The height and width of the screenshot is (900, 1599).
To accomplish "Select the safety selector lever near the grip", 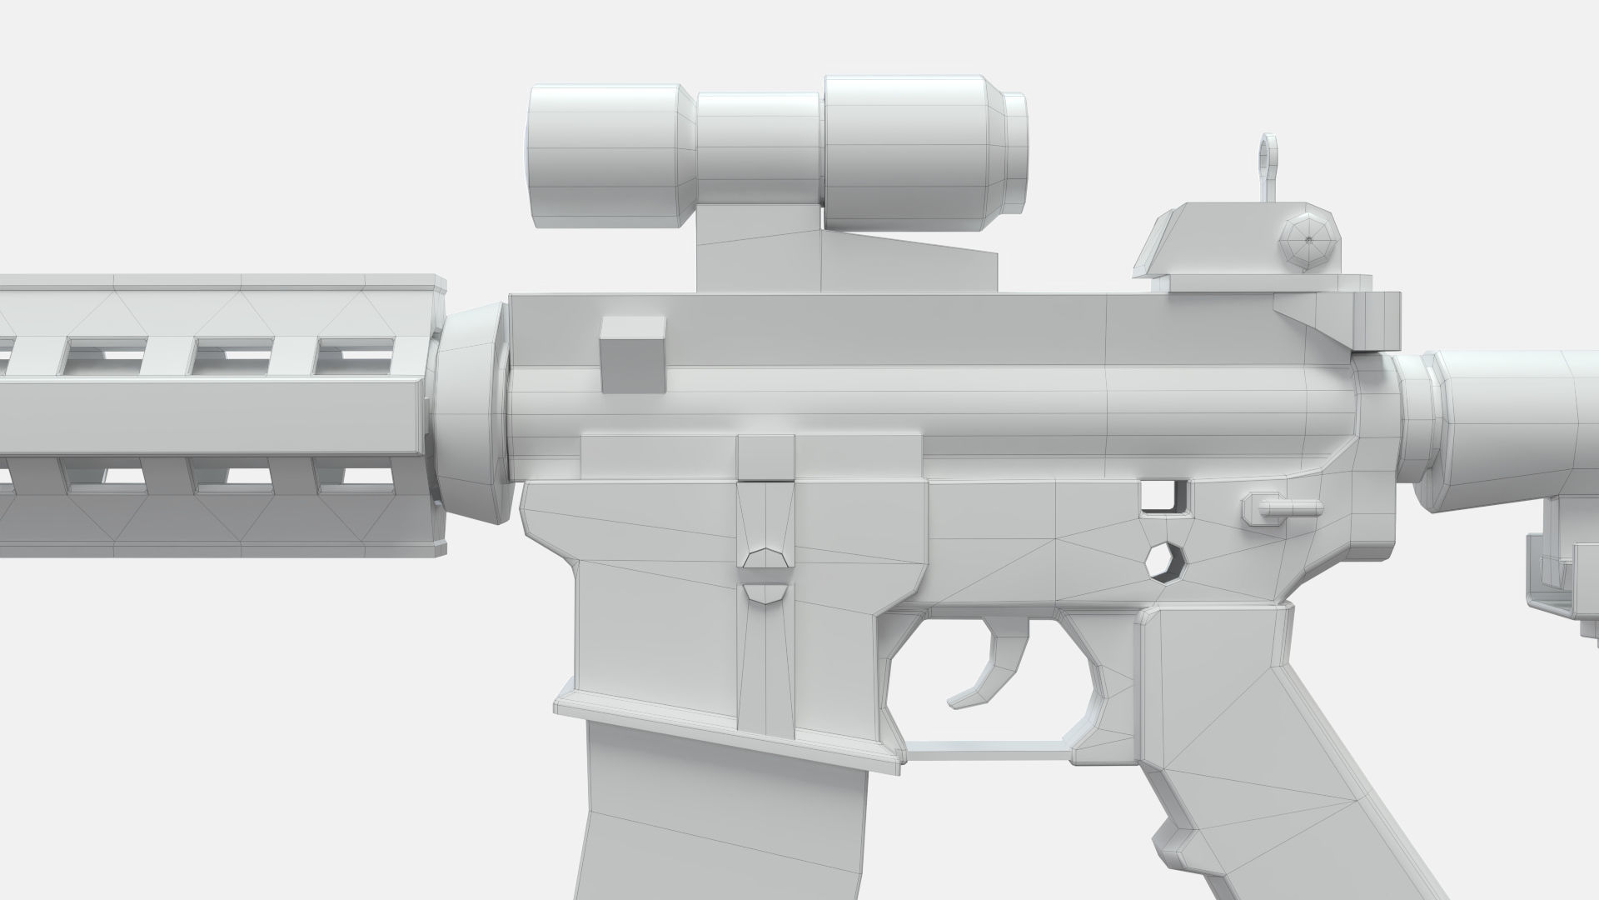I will pos(1283,507).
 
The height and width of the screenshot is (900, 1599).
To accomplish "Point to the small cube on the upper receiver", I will pos(633,355).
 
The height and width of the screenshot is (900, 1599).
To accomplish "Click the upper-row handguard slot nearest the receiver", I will pos(355,357).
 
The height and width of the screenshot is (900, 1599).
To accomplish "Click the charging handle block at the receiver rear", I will pos(1378,321).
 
